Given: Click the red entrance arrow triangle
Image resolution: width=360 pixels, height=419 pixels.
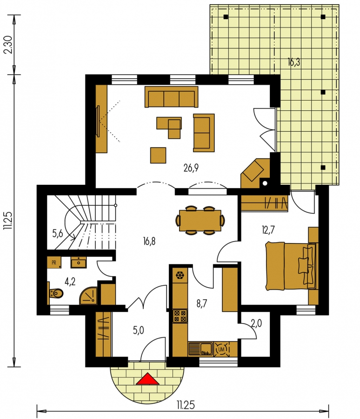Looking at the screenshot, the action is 147,379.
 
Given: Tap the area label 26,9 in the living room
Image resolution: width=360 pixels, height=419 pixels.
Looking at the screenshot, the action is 191,168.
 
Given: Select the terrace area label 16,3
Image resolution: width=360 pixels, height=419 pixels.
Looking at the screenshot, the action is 294,62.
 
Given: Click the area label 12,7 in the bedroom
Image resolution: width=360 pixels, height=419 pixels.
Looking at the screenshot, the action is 268,230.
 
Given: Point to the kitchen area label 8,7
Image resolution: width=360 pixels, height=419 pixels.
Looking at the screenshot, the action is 202,304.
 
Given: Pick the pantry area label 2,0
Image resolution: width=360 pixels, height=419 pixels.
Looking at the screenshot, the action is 256,324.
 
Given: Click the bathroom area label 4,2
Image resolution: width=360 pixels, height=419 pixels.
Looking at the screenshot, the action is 70,281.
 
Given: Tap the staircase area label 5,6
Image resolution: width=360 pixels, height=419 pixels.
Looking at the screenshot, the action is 57,234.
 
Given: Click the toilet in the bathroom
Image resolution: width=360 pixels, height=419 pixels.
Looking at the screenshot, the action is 56,293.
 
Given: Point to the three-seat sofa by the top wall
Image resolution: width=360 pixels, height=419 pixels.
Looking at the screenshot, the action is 171,97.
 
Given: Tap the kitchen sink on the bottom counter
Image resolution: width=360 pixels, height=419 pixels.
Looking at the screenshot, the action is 200,349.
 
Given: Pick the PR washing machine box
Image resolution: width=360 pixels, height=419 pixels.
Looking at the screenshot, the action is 54,263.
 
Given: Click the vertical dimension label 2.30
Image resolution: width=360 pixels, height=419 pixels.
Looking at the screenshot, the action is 9,45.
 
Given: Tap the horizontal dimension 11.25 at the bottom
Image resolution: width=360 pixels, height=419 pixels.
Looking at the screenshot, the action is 185,405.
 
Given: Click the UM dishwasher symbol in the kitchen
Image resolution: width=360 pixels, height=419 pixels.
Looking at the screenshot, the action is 221,349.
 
